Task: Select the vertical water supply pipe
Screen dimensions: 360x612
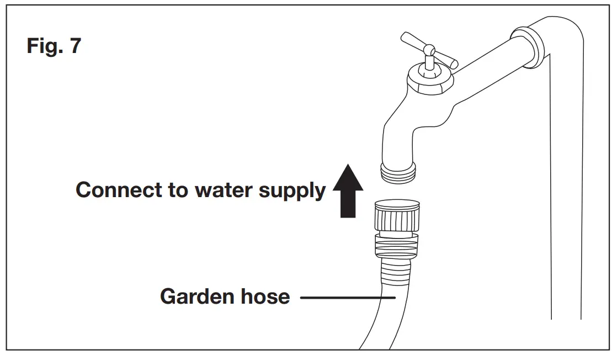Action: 565,193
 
